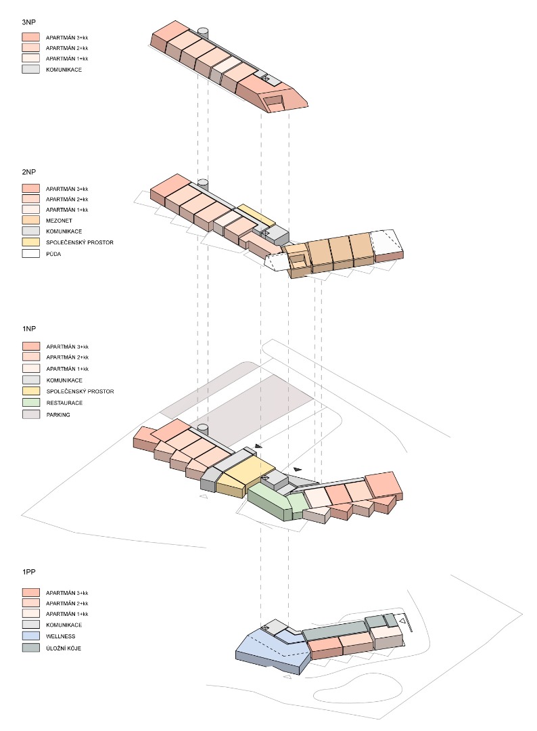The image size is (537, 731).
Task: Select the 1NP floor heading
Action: [x=28, y=328]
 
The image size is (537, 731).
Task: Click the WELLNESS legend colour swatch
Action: [x=31, y=636]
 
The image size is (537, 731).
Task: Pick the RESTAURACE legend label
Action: [x=64, y=403]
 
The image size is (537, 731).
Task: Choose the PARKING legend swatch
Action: [x=31, y=414]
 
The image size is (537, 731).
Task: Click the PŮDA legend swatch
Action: [x=31, y=254]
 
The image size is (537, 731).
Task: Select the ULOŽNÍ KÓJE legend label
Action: [x=68, y=647]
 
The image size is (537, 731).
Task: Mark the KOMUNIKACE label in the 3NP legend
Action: [x=64, y=69]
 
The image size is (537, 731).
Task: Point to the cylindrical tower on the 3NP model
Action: [x=203, y=32]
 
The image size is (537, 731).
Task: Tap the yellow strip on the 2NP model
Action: [x=256, y=216]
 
